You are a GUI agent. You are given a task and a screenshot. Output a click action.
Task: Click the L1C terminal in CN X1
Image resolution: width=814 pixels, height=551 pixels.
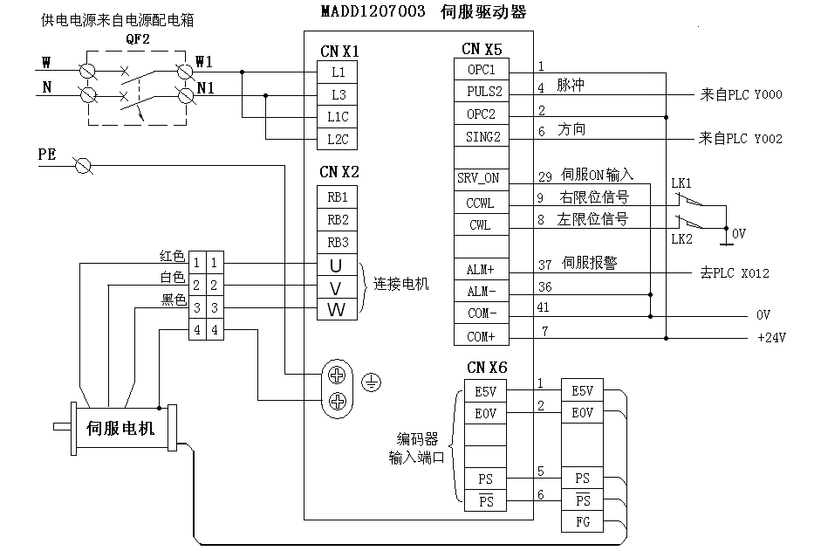coord(338,117)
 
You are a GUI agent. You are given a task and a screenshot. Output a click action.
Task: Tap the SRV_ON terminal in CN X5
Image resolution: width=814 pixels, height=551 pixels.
coord(479,178)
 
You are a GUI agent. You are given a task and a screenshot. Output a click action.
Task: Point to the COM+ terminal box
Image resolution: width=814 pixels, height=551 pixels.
coord(481,336)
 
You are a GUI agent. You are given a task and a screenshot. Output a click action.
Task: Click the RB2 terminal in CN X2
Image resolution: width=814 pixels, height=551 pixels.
coord(338,219)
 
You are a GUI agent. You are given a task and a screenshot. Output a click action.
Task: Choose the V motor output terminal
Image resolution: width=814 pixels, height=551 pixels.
coord(337,287)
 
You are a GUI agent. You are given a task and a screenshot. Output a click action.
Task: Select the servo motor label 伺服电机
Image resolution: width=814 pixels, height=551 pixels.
coord(120,429)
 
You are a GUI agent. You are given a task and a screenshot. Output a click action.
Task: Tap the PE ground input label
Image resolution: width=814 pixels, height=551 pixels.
coord(47,155)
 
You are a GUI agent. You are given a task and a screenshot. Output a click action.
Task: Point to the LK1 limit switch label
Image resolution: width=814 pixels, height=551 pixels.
coord(681,183)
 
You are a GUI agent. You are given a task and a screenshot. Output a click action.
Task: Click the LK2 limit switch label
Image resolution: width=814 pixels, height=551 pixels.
coord(681,238)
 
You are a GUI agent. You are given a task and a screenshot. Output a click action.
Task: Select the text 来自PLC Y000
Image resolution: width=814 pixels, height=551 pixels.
coord(741,93)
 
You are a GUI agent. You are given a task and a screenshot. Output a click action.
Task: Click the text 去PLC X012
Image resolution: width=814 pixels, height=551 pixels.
coord(734,273)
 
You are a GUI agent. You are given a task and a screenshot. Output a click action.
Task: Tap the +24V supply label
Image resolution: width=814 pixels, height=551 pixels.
coord(771,338)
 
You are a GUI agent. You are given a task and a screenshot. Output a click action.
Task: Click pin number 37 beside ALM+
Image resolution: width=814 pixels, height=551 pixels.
coord(544,265)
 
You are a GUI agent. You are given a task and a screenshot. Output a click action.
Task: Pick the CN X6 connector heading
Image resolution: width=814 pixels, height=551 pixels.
coord(488,367)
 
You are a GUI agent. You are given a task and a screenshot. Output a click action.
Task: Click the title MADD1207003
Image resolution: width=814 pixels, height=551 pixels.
coord(368,11)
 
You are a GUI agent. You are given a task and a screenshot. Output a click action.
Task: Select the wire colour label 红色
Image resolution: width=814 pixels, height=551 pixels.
coord(172,256)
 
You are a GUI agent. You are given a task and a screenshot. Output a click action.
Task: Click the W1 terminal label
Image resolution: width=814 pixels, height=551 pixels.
coord(204,62)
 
